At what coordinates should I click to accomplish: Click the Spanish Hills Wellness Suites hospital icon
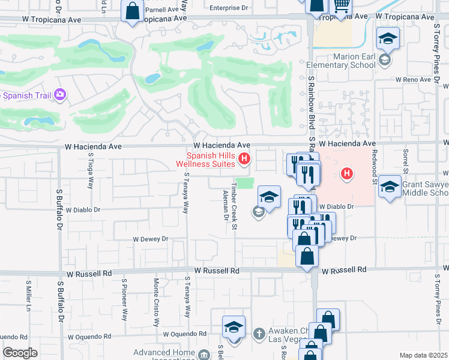[x=244, y=159]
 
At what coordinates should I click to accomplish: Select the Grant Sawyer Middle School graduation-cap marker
[x=390, y=187]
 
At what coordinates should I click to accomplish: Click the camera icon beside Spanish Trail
[x=59, y=94]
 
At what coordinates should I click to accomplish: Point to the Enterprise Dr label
[x=229, y=8]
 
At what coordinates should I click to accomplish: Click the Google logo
[x=20, y=353]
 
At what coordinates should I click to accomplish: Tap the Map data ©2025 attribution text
[x=424, y=355]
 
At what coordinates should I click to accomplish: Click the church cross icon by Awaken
[x=258, y=332]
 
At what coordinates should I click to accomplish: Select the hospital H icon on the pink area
[x=346, y=175]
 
